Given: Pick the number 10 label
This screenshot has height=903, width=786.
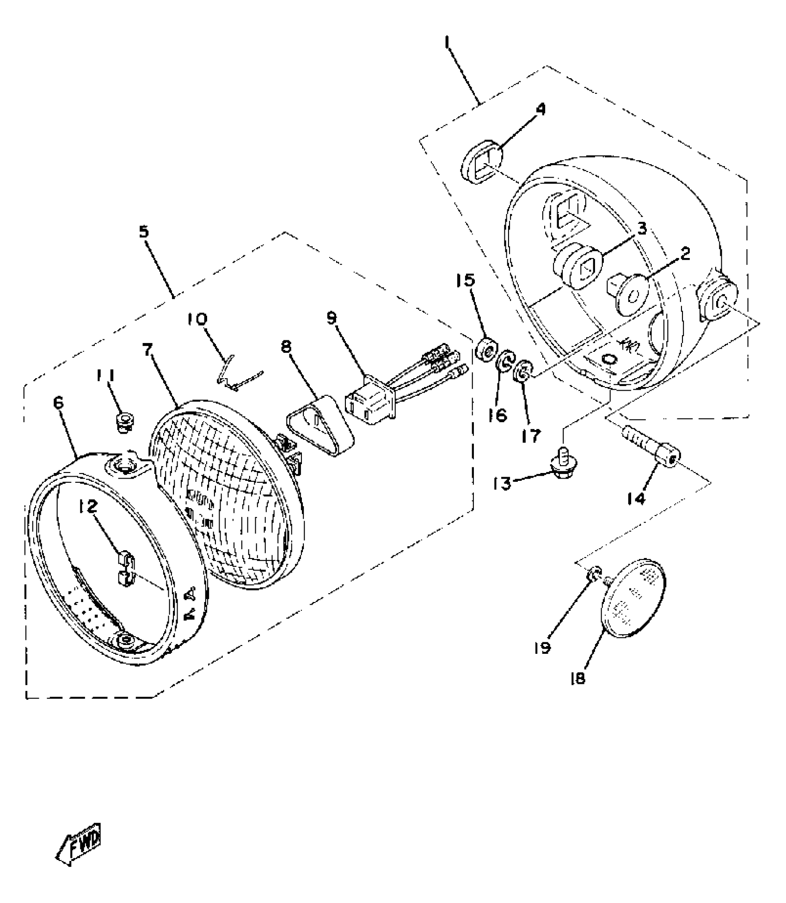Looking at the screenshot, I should pos(197,319).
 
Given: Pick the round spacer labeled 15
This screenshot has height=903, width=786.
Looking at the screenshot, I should pos(487,350).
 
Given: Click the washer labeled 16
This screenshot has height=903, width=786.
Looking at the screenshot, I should pos(505,361).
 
